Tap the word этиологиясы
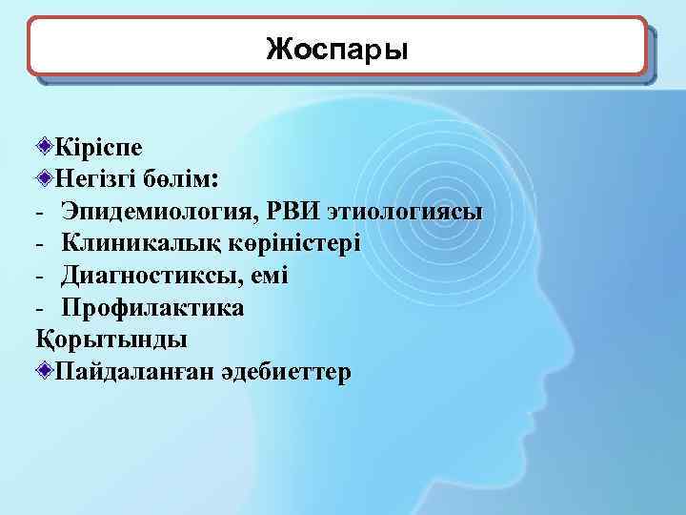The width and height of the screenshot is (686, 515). pyautogui.click(x=405, y=211)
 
